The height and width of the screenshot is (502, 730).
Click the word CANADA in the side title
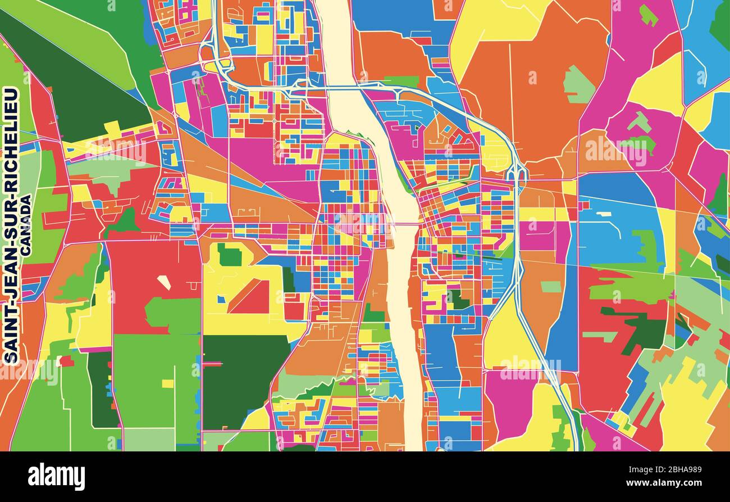coord(25,225)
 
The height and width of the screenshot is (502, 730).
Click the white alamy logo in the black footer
coord(56,477)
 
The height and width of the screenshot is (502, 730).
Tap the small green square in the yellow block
coord(229,255)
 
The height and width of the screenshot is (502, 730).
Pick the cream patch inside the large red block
coord(163,282)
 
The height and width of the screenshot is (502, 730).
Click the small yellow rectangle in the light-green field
coord(167,383)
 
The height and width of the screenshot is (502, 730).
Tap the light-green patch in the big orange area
coord(578,85)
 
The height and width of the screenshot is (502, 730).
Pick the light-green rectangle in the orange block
coord(550,287)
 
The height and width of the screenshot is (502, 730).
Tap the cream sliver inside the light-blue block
coord(604,214)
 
